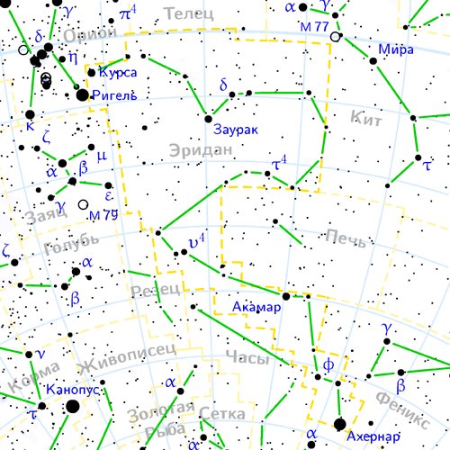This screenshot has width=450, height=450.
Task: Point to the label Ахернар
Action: pyautogui.click(x=373, y=437)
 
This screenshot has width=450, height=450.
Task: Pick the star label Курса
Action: pyautogui.click(x=118, y=71)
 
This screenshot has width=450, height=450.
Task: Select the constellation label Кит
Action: pyautogui.click(x=367, y=116)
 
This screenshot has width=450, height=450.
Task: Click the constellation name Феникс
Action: pyautogui.click(x=402, y=409)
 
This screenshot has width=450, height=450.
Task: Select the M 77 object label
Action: pyautogui.click(x=315, y=26)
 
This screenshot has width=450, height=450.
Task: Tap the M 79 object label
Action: pyautogui.click(x=103, y=215)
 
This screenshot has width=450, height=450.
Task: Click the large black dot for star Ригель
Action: pyautogui.click(x=83, y=94)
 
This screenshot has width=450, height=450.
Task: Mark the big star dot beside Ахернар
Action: pyautogui.click(x=340, y=424)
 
